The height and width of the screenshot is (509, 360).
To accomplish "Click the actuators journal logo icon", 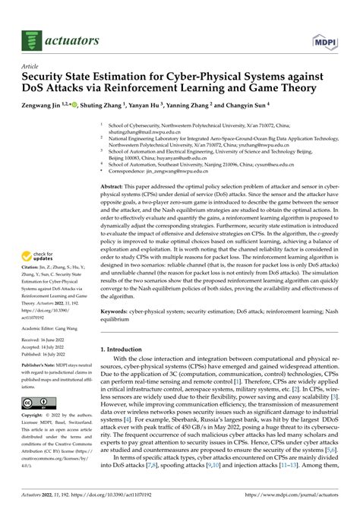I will tap(31, 33).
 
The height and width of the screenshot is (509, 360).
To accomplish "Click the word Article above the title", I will tap(33, 66).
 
